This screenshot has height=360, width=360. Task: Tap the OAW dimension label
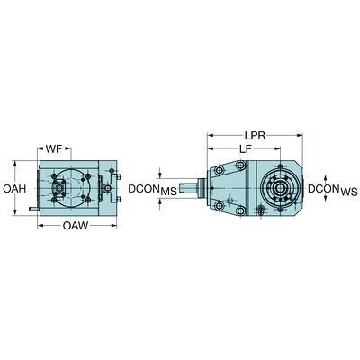pyautogui.click(x=75, y=228)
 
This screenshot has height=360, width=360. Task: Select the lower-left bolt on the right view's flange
pyautogui.click(x=240, y=212)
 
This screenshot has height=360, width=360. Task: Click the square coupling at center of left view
pyautogui.click(x=65, y=187)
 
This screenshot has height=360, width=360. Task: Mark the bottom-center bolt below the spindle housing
pyautogui.click(x=260, y=212)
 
